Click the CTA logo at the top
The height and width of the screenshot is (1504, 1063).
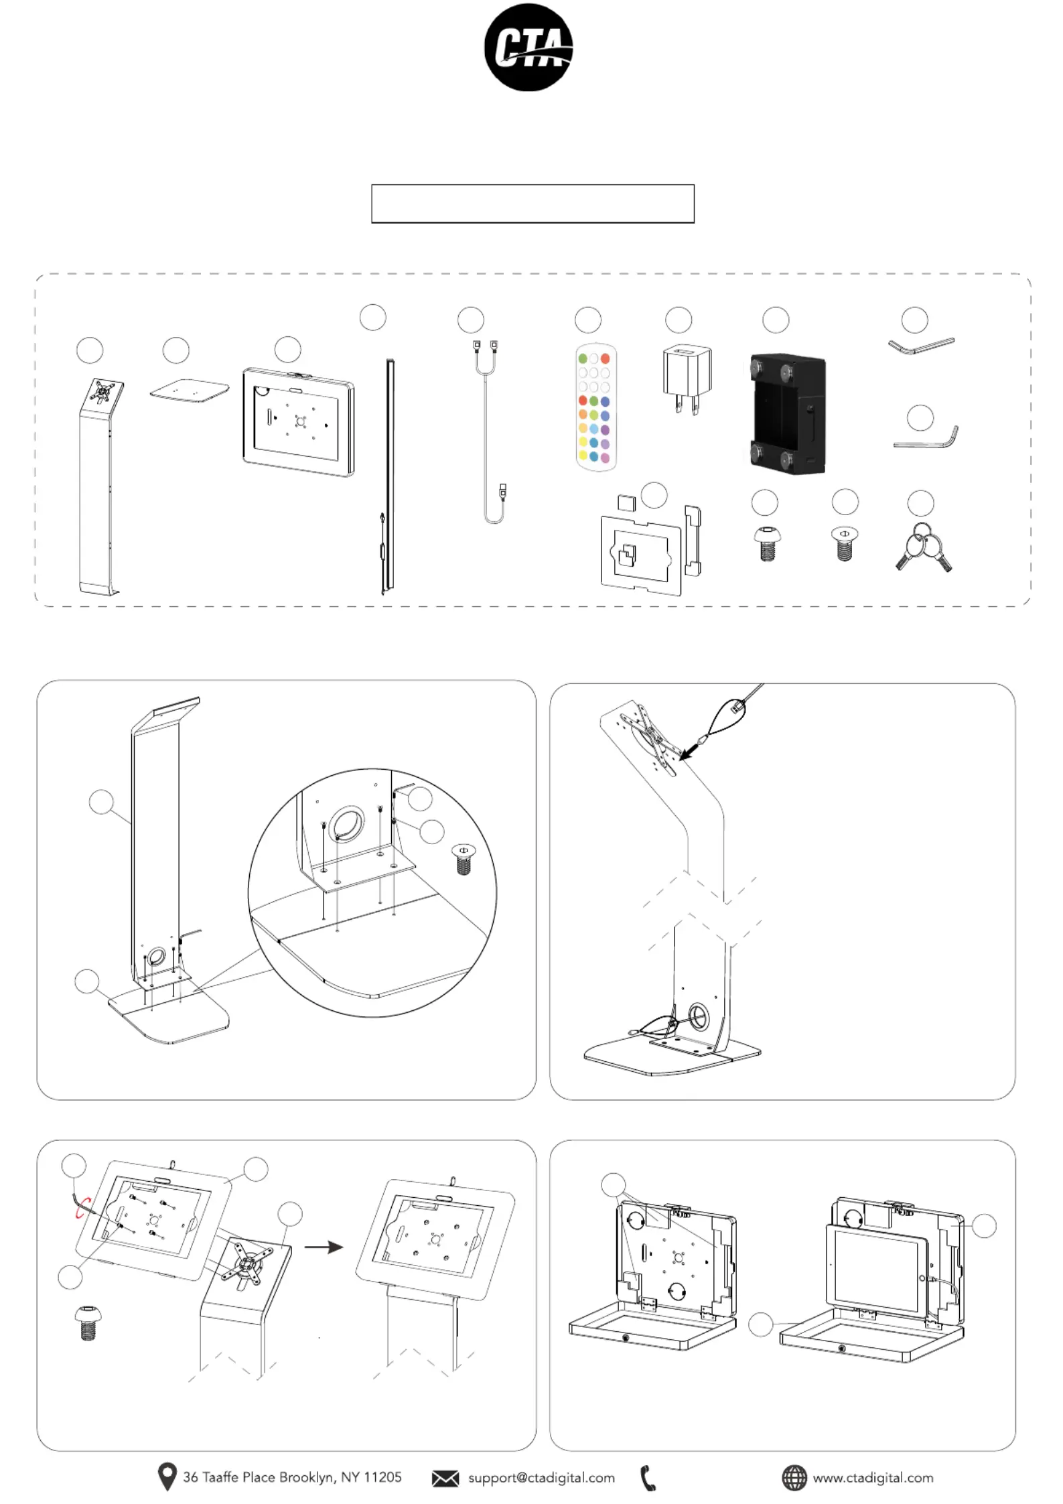pyautogui.click(x=528, y=47)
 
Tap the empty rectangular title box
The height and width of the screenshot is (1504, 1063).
pyautogui.click(x=533, y=203)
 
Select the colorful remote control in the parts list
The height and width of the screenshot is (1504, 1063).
pyautogui.click(x=595, y=407)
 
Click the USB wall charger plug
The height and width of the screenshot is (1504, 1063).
pyautogui.click(x=687, y=379)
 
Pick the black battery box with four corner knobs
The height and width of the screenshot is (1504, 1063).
pyautogui.click(x=784, y=413)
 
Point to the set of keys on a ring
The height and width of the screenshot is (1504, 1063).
pyautogui.click(x=924, y=546)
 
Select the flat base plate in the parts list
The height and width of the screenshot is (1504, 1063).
pyautogui.click(x=190, y=391)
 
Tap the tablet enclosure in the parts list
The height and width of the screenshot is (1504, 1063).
pyautogui.click(x=299, y=421)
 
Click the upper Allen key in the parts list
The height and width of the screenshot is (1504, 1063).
pyautogui.click(x=921, y=346)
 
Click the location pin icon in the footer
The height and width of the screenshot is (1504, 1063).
pyautogui.click(x=167, y=1476)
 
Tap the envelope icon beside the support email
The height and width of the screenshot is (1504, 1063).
pyautogui.click(x=445, y=1478)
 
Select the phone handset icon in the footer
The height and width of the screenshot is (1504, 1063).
pyautogui.click(x=648, y=1478)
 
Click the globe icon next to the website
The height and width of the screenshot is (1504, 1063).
pyautogui.click(x=794, y=1477)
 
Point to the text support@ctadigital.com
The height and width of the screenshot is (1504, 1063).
pyautogui.click(x=541, y=1477)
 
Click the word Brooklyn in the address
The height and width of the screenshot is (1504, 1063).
pyautogui.click(x=305, y=1477)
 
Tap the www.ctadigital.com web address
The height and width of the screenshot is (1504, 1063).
pyautogui.click(x=873, y=1477)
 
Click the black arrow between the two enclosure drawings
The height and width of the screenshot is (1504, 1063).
pyautogui.click(x=324, y=1247)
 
